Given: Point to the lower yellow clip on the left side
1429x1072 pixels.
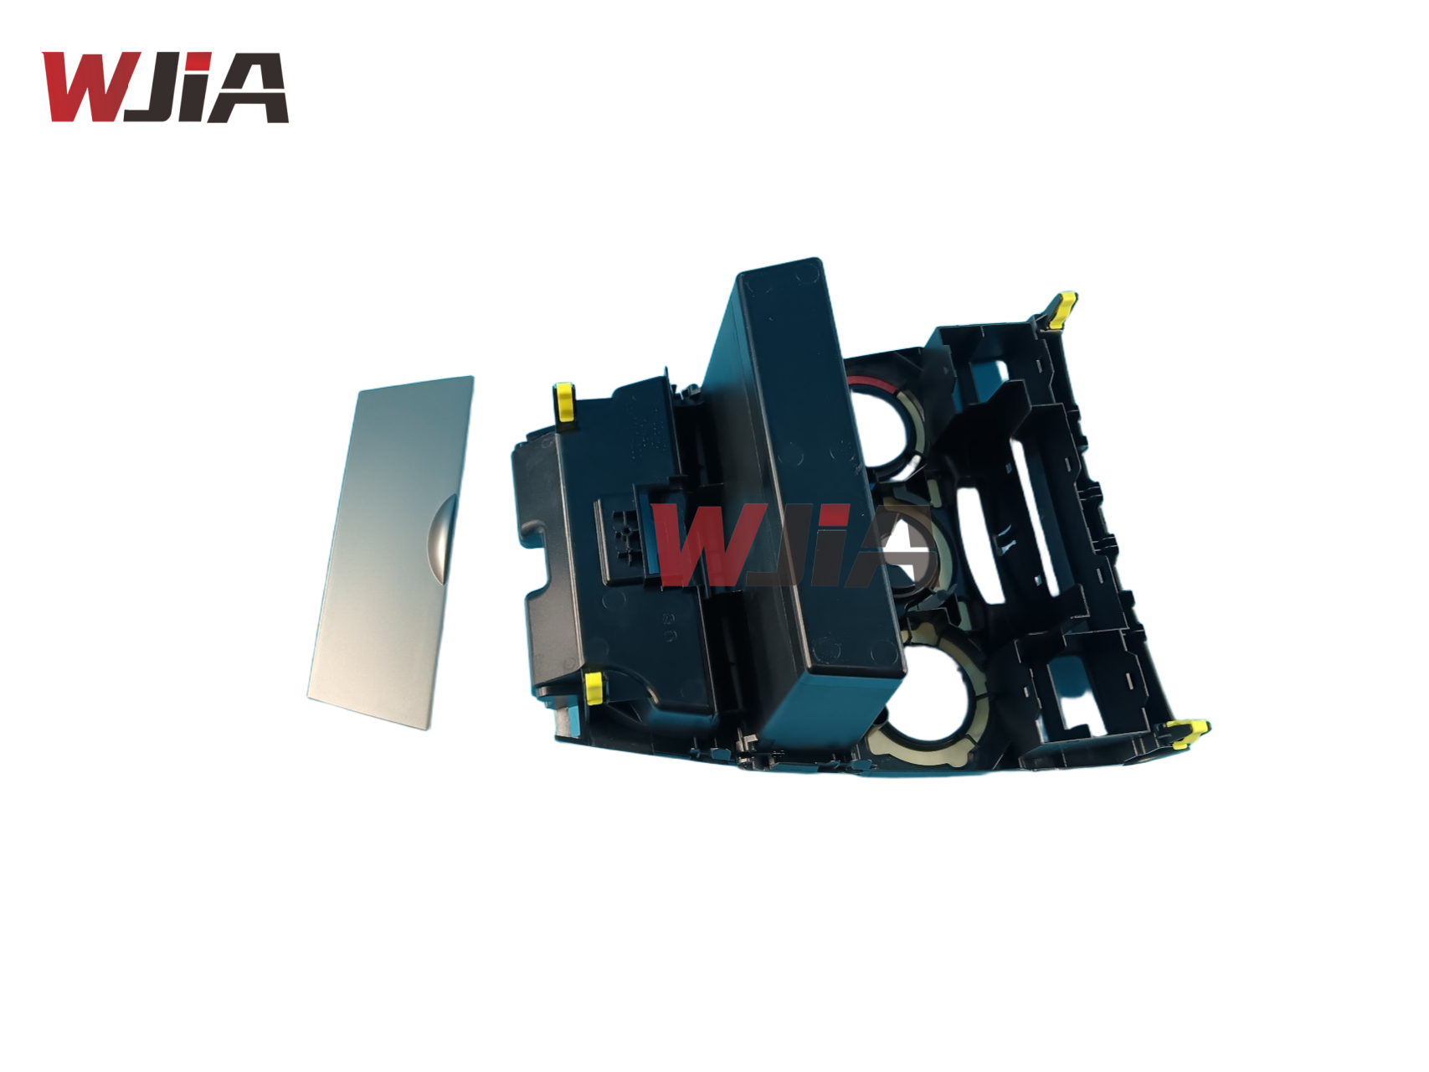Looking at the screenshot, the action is (x=594, y=687).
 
